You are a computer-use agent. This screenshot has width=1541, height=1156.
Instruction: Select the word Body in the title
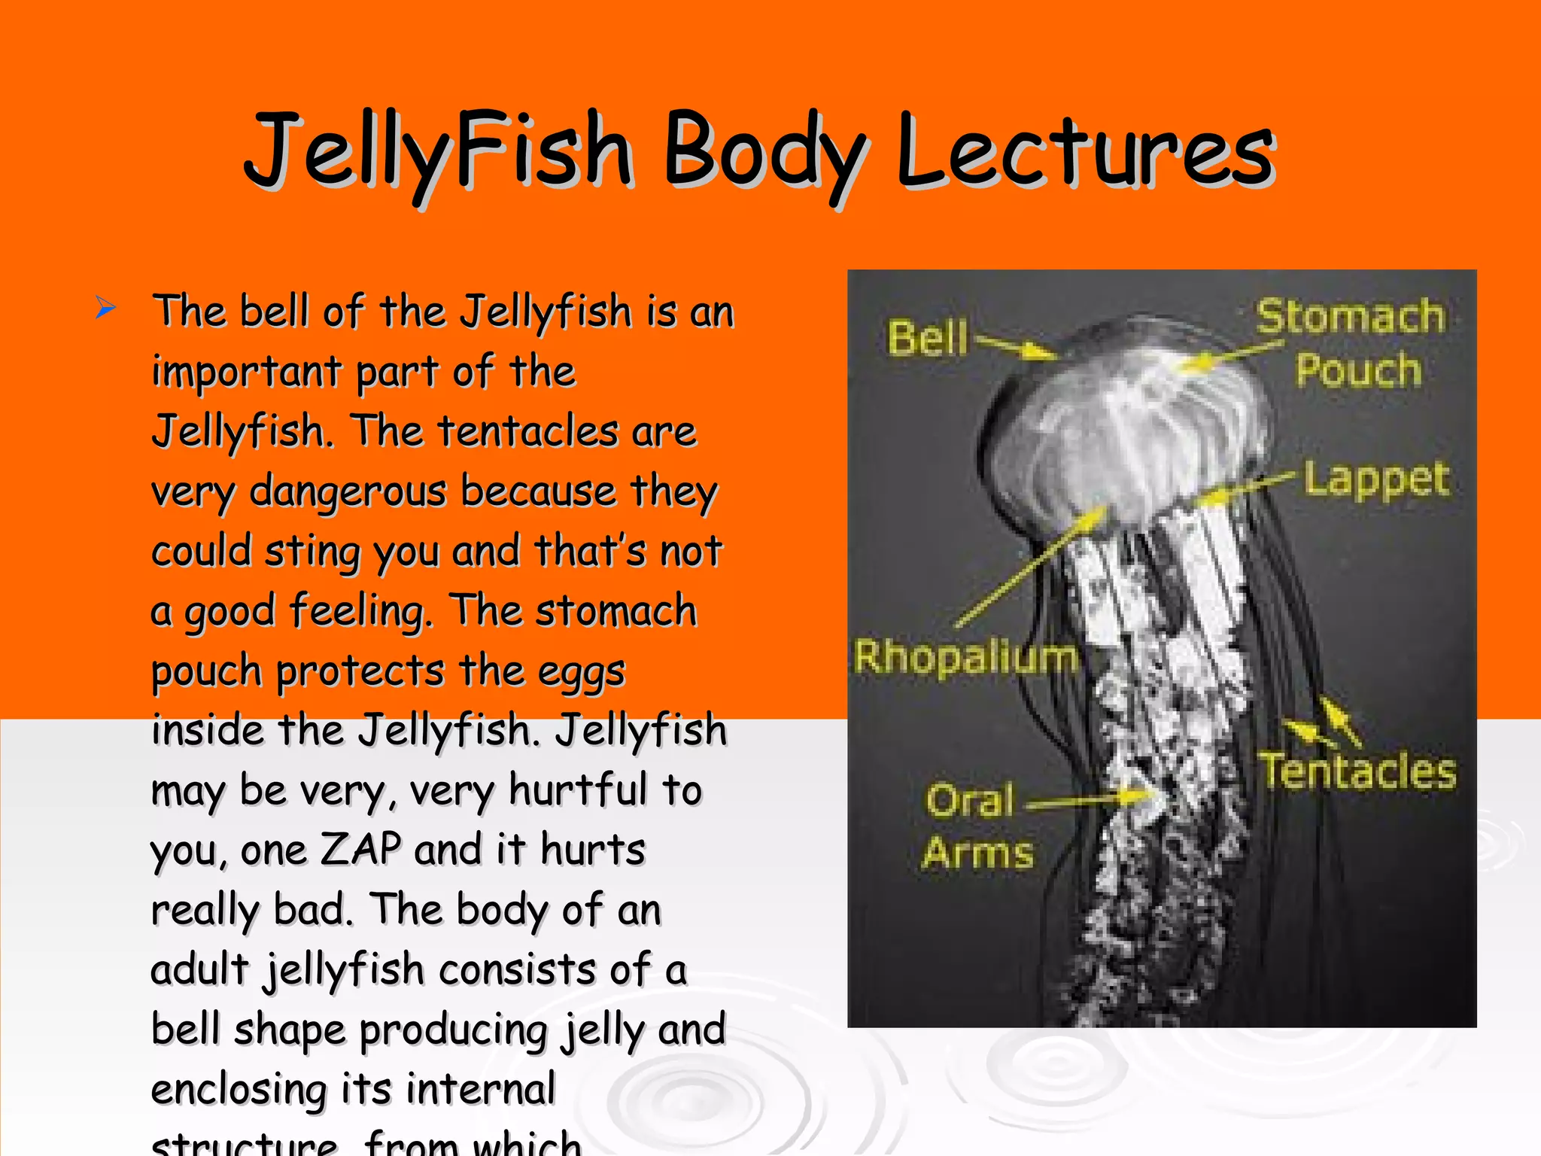764,151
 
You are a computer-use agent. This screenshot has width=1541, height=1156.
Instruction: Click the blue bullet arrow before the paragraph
105,308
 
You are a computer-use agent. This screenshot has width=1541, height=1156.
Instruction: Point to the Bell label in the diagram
927,338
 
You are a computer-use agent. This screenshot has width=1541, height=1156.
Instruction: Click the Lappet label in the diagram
1376,479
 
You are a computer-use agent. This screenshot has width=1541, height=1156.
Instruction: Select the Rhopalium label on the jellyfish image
966,657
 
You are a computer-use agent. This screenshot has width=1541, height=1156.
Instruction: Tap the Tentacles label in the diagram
1359,771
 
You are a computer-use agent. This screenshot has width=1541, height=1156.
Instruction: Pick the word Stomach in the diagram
1351,316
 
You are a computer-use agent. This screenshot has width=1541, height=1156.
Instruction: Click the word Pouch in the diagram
1358,370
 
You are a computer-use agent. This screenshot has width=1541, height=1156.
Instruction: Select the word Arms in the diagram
977,853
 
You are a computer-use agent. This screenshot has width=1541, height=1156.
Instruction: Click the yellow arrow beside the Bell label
1016,348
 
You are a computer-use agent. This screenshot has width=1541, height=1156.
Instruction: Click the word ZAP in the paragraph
360,850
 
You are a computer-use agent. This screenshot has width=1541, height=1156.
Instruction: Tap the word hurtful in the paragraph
578,790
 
